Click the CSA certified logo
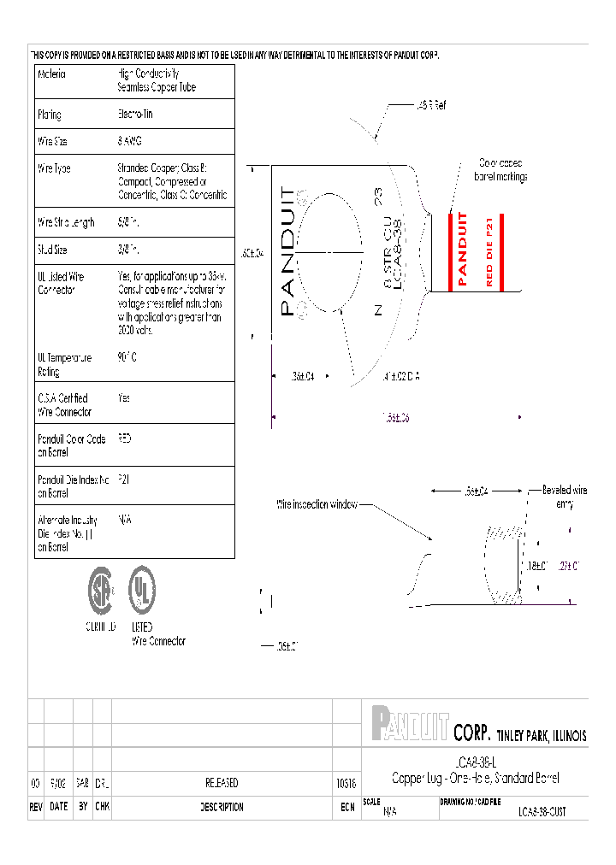[101, 591]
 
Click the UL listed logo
[142, 590]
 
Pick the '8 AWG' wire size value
[130, 141]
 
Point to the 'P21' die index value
[123, 480]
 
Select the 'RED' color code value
[125, 438]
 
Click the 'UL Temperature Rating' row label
[64, 365]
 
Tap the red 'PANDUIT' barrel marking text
[463, 249]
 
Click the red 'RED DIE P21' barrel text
[489, 252]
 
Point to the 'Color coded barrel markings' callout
[500, 169]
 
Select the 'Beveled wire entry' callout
[565, 497]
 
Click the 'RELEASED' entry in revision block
[222, 783]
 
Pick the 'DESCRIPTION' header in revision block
[222, 807]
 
